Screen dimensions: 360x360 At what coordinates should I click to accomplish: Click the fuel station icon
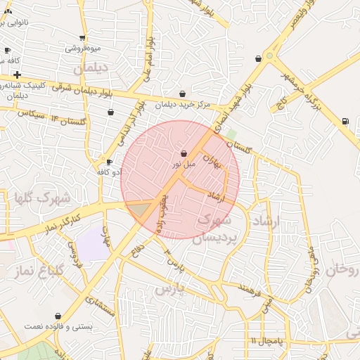point(345,121)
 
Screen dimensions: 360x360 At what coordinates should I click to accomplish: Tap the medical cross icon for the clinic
point(17,75)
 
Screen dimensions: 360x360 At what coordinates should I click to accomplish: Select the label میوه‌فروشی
point(83,49)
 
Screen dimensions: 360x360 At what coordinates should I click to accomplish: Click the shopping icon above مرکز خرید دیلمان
point(183,94)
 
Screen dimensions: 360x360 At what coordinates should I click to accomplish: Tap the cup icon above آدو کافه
point(109,162)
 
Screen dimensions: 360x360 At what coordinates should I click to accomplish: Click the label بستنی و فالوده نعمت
point(53,327)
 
